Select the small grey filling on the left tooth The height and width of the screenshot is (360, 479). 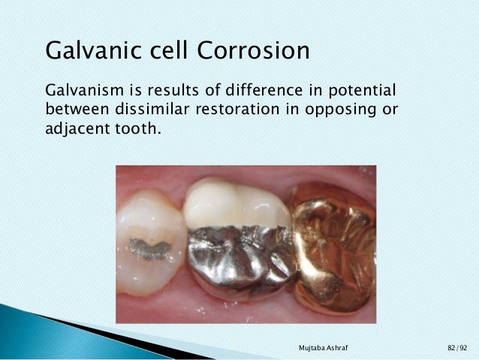[149, 248]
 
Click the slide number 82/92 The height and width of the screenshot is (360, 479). [456, 348]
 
